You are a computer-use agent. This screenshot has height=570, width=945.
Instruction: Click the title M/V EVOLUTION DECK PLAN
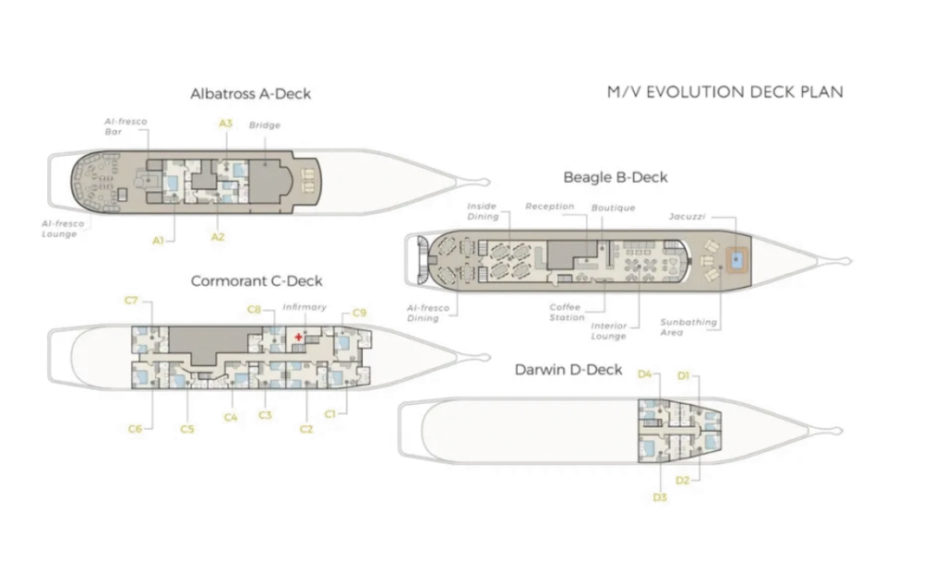tap(724, 92)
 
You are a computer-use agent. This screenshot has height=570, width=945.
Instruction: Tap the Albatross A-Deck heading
tap(250, 93)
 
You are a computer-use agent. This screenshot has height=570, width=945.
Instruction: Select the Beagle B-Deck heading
tap(616, 176)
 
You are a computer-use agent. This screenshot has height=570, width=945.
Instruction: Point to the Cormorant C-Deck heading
tap(257, 280)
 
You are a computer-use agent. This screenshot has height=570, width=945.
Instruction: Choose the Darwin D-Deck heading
tap(568, 370)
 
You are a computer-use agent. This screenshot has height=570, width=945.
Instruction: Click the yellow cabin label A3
tap(225, 123)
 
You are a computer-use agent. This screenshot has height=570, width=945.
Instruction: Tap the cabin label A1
tap(159, 240)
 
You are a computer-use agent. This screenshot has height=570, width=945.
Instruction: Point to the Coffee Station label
tap(567, 313)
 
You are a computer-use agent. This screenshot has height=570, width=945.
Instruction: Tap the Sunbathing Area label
tap(688, 327)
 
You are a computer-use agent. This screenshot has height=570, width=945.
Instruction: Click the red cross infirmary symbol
tap(298, 338)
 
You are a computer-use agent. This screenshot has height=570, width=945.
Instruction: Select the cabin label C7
tap(131, 301)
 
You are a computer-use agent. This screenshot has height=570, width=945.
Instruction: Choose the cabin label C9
tap(359, 313)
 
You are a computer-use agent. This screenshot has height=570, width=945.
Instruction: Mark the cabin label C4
tap(231, 418)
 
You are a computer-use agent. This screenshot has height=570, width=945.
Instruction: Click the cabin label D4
tap(645, 374)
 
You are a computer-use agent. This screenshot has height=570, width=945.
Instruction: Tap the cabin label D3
tap(660, 497)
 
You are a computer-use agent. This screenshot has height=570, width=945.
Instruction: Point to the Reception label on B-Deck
tap(549, 207)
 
